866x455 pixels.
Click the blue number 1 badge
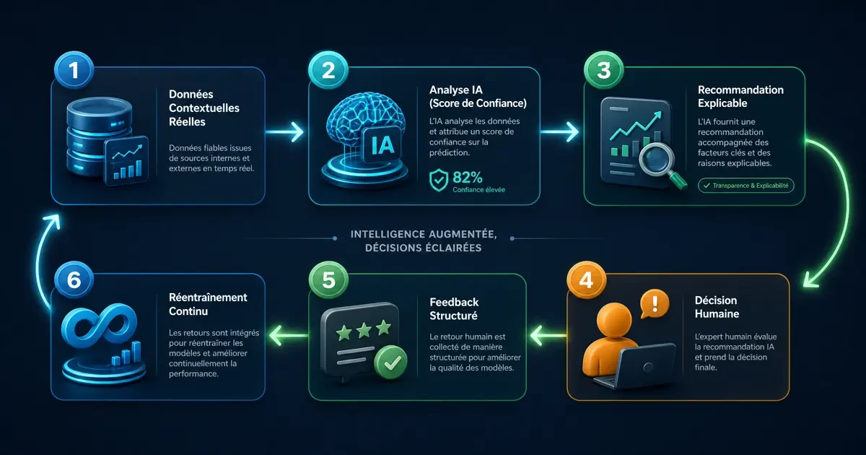tap(74, 71)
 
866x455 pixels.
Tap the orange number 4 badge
tap(586, 280)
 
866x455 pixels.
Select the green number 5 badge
tap(328, 280)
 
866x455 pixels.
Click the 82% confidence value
tap(468, 178)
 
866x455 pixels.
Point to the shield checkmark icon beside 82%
tap(439, 180)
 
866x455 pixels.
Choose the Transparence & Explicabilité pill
tap(745, 186)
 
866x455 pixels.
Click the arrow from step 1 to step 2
tap(284, 132)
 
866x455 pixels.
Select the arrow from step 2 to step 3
tap(559, 132)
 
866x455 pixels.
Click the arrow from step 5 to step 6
tap(289, 335)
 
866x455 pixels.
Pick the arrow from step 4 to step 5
tap(548, 335)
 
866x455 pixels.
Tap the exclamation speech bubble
tap(654, 304)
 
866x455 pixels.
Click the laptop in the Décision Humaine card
tap(635, 366)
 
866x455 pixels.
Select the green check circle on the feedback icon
tap(391, 362)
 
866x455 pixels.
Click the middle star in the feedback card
tap(364, 330)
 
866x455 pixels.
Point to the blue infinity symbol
tap(100, 327)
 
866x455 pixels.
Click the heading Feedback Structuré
tap(454, 309)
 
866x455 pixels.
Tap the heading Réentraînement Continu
tap(208, 304)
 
